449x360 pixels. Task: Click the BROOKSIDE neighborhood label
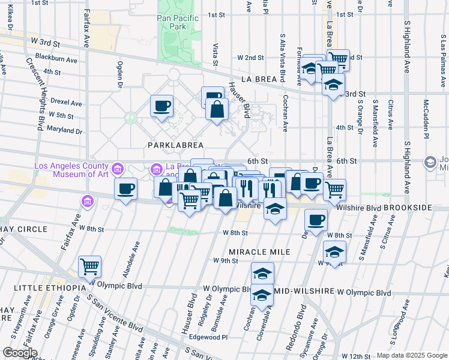point(416,207)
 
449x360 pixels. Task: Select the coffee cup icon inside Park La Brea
point(161,106)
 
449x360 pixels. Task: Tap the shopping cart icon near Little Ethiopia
point(89,266)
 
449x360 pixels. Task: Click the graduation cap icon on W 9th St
point(334,251)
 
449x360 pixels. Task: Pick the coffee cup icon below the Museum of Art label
point(126,189)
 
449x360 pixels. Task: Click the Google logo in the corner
point(19,353)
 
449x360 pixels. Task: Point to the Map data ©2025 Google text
point(412,355)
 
